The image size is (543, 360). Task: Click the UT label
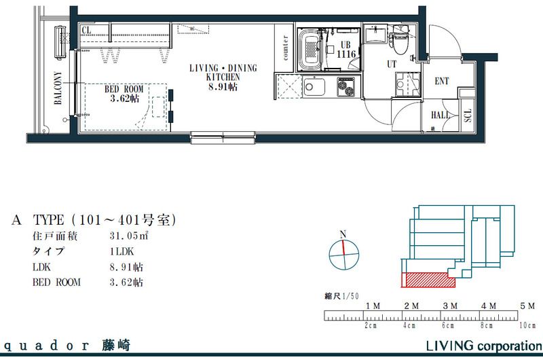tap(392, 64)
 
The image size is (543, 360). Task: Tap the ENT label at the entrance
tap(442, 82)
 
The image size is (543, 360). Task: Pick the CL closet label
tap(86, 31)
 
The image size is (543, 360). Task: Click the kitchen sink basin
tap(314, 88)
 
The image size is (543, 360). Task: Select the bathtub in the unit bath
tap(312, 48)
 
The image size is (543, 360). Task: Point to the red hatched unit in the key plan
tap(428, 278)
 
